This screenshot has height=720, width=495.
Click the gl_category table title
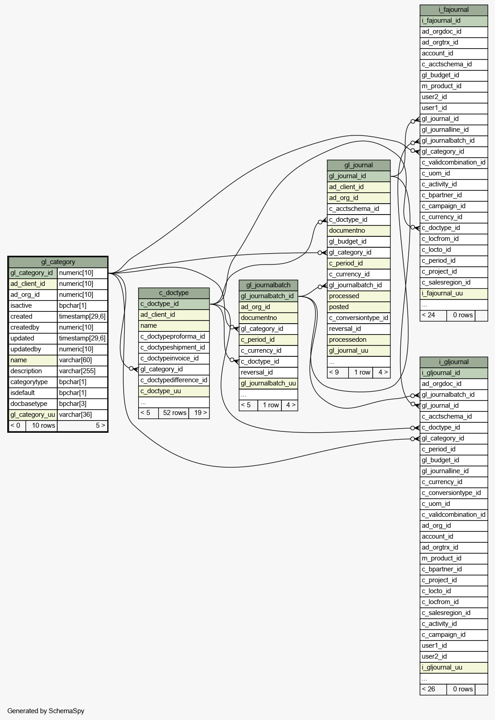click(x=58, y=262)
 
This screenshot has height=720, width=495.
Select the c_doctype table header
click(x=174, y=293)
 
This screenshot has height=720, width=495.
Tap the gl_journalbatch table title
click(x=268, y=285)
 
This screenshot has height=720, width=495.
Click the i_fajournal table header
click(x=454, y=10)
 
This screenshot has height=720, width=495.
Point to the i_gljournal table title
click(x=454, y=362)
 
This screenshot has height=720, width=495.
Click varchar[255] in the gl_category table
click(x=77, y=371)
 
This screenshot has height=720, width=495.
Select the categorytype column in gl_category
click(x=29, y=382)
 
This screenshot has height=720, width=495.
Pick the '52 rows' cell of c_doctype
click(x=174, y=413)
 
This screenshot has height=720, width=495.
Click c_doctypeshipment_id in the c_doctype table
click(x=173, y=347)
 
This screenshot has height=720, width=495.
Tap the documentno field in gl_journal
click(x=347, y=230)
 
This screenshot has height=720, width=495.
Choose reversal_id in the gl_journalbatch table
click(x=256, y=372)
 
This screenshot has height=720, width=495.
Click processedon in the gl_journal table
click(x=347, y=340)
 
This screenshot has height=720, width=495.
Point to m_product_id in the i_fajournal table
click(x=441, y=86)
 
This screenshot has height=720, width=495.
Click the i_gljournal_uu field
click(x=442, y=667)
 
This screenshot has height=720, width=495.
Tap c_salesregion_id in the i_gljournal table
click(x=446, y=613)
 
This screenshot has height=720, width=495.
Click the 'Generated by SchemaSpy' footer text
click(x=45, y=710)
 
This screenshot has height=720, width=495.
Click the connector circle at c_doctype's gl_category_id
click(x=131, y=369)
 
